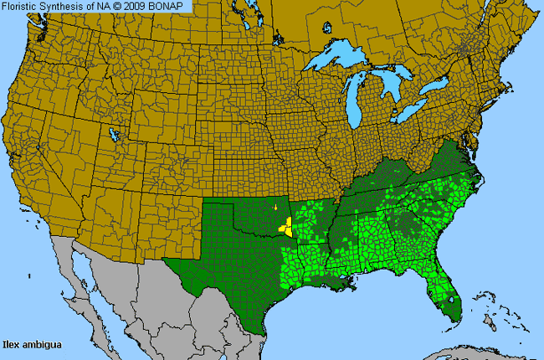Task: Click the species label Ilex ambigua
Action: point(31,343)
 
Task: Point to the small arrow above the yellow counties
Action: point(275,207)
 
